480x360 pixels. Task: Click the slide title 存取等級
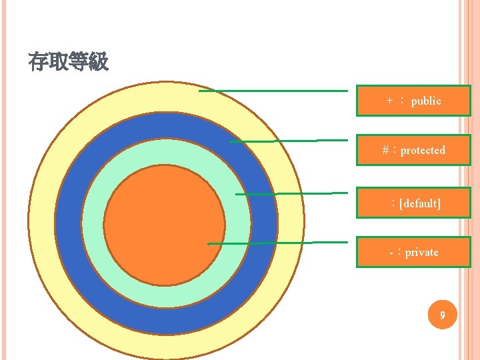68,63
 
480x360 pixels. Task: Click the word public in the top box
426,101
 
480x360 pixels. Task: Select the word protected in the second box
423,150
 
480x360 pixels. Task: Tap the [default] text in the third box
420,203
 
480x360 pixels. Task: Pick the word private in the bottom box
422,252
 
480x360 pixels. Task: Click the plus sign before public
390,101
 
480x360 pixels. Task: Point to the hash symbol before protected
386,150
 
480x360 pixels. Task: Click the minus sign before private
391,253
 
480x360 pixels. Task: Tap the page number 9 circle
441,314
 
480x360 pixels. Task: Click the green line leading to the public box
273,91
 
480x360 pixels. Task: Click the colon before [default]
395,203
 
